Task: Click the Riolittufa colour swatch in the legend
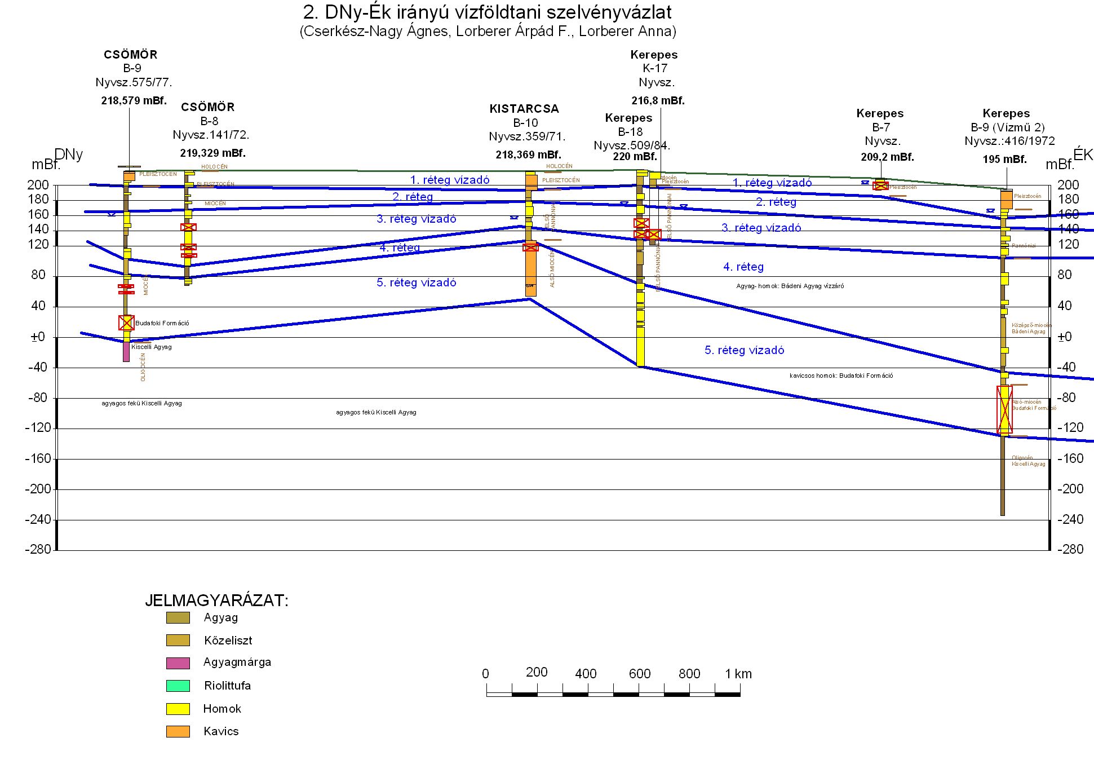[178, 686]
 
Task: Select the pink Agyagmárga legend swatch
[178, 663]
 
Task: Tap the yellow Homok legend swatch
[178, 709]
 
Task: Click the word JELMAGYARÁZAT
[216, 600]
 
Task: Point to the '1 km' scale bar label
[738, 674]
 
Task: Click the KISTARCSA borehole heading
[524, 109]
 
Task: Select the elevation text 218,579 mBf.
[134, 101]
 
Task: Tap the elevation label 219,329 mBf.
[213, 153]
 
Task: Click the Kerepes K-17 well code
[655, 68]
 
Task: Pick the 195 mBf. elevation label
[1004, 160]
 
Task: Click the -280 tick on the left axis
[38, 549]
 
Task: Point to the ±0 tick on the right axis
[1064, 337]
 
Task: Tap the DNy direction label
[69, 154]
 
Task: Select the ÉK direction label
[1083, 154]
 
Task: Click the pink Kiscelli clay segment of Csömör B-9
[126, 352]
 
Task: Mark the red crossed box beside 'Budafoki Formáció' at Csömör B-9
[126, 323]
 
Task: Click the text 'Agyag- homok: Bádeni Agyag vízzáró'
[790, 286]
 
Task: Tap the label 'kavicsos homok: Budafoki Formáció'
[841, 376]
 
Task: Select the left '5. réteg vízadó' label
[417, 282]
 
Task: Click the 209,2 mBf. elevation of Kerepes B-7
[887, 157]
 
